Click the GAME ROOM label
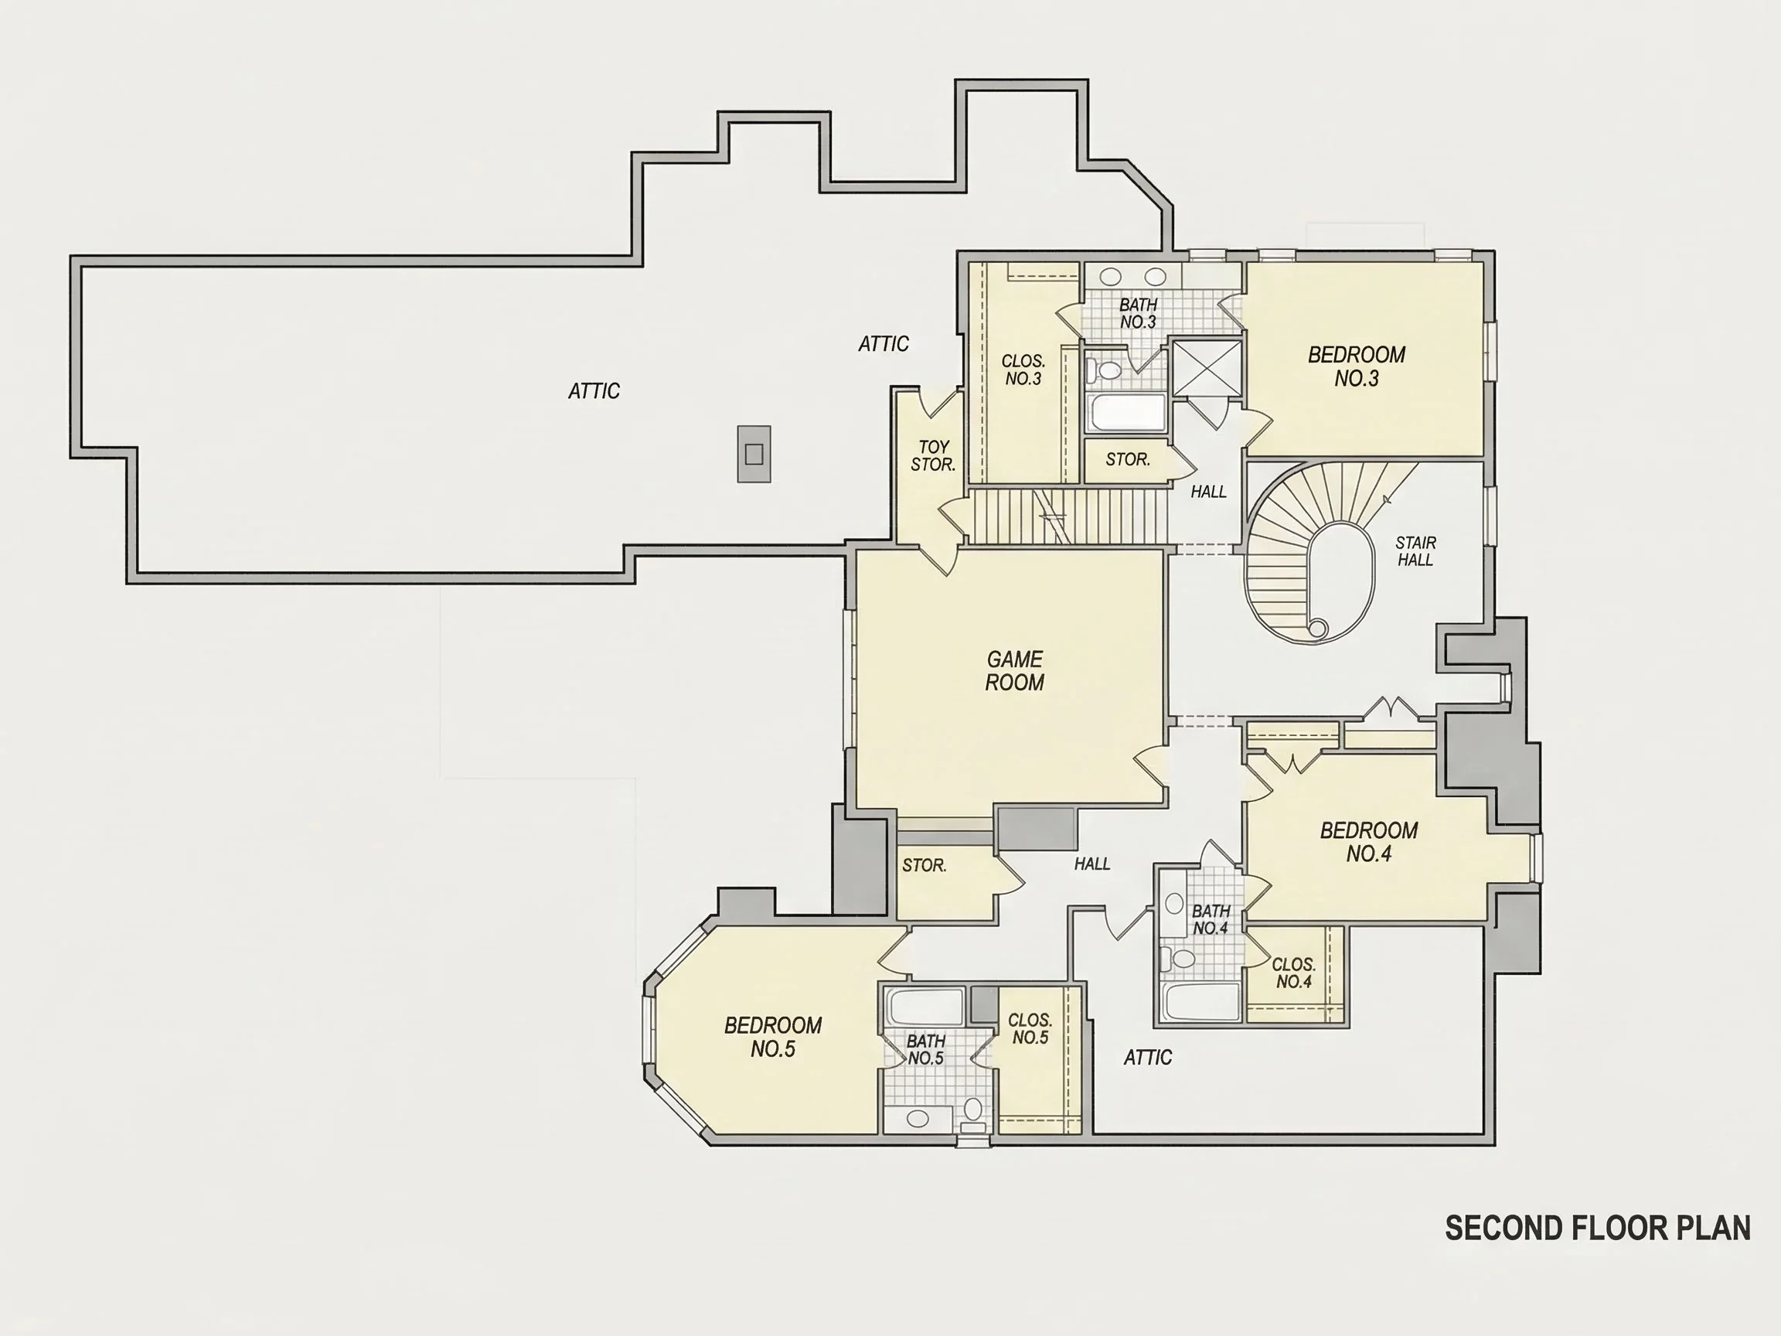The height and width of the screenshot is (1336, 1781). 1014,671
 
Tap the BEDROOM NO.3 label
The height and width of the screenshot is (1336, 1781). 1357,366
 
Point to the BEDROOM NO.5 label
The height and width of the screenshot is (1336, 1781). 773,1037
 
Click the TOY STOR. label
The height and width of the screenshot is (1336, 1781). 933,456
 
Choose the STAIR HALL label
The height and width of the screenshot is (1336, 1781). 1415,550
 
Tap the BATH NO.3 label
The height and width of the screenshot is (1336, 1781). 1139,313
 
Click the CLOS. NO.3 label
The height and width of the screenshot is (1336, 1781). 1023,370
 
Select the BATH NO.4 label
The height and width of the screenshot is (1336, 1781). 1211,918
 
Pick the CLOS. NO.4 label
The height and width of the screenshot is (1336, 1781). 1294,973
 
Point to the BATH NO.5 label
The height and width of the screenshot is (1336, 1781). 926,1049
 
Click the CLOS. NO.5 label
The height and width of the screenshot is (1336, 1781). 1030,1028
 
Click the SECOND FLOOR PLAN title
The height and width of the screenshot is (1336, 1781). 1598,1228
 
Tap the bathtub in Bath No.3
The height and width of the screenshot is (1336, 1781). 1126,413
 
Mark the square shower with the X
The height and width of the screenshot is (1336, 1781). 1206,368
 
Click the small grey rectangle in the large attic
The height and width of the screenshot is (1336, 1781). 754,454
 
